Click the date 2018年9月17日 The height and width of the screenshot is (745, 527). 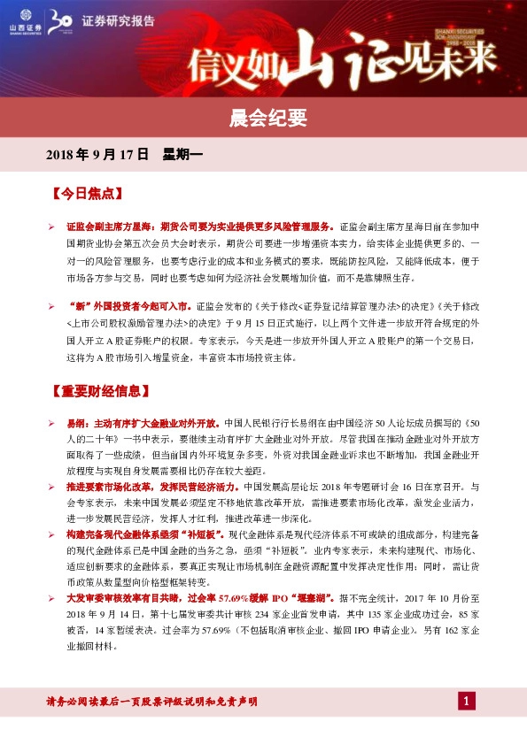coord(97,155)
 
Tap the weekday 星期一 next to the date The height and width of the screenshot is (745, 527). coord(183,155)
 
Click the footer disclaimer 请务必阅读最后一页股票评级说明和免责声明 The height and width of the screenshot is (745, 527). coord(151,702)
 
